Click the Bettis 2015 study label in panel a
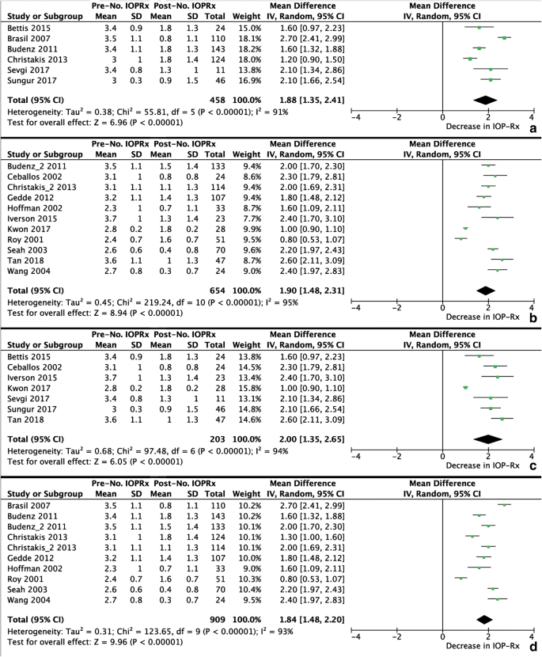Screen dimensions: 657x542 coord(28,27)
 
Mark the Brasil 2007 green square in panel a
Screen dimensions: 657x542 coord(504,37)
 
